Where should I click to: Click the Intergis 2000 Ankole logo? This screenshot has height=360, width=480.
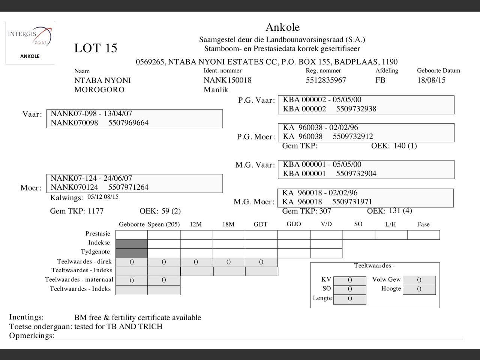pyautogui.click(x=30, y=42)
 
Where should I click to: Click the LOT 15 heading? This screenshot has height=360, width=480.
pyautogui.click(x=96, y=48)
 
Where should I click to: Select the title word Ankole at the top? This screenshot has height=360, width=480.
pyautogui.click(x=282, y=27)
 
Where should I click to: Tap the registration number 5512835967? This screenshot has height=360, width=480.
pyautogui.click(x=325, y=80)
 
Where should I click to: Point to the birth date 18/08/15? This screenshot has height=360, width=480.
pyautogui.click(x=431, y=80)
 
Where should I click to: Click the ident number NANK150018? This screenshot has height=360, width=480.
pyautogui.click(x=227, y=80)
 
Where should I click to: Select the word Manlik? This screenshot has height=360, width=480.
pyautogui.click(x=216, y=90)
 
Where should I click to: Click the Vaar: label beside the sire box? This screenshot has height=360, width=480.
pyautogui.click(x=32, y=114)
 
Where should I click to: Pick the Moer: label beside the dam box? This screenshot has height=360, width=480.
pyautogui.click(x=31, y=188)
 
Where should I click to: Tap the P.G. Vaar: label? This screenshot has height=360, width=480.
pyautogui.click(x=256, y=100)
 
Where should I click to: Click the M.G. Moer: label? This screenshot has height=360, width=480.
pyautogui.click(x=254, y=202)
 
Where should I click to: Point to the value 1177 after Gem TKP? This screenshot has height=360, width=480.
pyautogui.click(x=96, y=211)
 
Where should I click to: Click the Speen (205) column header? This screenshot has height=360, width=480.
pyautogui.click(x=163, y=225)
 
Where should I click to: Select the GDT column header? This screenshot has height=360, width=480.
pyautogui.click(x=260, y=225)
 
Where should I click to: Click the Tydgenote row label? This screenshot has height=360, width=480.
pyautogui.click(x=95, y=252)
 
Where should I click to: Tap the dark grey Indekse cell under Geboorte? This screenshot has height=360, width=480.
pyautogui.click(x=131, y=244)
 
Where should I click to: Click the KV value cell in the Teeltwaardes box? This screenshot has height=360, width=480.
pyautogui.click(x=349, y=280)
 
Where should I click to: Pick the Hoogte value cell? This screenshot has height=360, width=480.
pyautogui.click(x=419, y=289)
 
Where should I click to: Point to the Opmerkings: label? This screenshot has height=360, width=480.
pyautogui.click(x=31, y=336)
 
